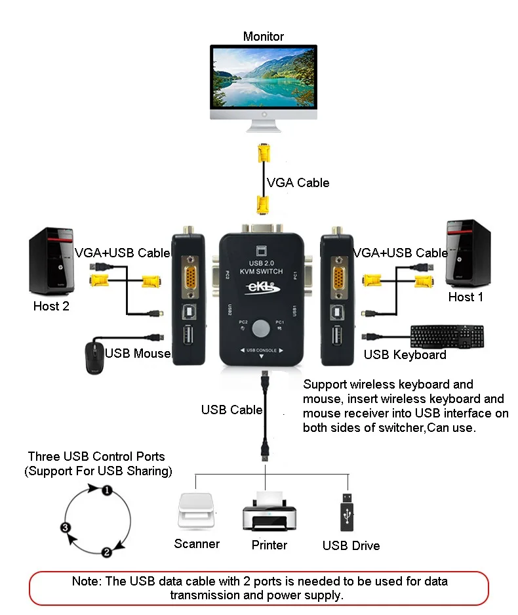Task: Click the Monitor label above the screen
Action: coord(264,37)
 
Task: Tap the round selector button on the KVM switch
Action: coord(261,328)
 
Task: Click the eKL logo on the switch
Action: coord(262,287)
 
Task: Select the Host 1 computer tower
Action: coord(468,253)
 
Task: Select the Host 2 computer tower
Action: coord(51,261)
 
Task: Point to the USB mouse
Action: coord(94,358)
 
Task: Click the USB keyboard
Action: coord(447,337)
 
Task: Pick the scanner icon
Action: coord(196,511)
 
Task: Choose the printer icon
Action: coord(269,511)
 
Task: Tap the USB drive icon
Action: coord(347,512)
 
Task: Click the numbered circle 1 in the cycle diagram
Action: coord(107,490)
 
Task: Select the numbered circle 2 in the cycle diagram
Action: coord(107,553)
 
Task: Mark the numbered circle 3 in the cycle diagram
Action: coord(66,528)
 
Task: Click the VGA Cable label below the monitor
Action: coord(298,182)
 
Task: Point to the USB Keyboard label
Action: coord(405,354)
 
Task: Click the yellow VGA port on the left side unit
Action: coord(190,277)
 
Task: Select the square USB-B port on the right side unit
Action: coord(337,312)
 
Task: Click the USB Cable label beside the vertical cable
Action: coord(231,410)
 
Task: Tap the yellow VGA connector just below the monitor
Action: coord(264,152)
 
